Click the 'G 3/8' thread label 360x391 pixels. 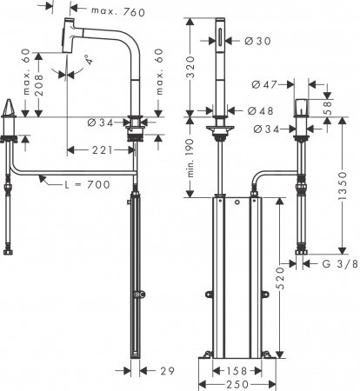click(335, 262)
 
